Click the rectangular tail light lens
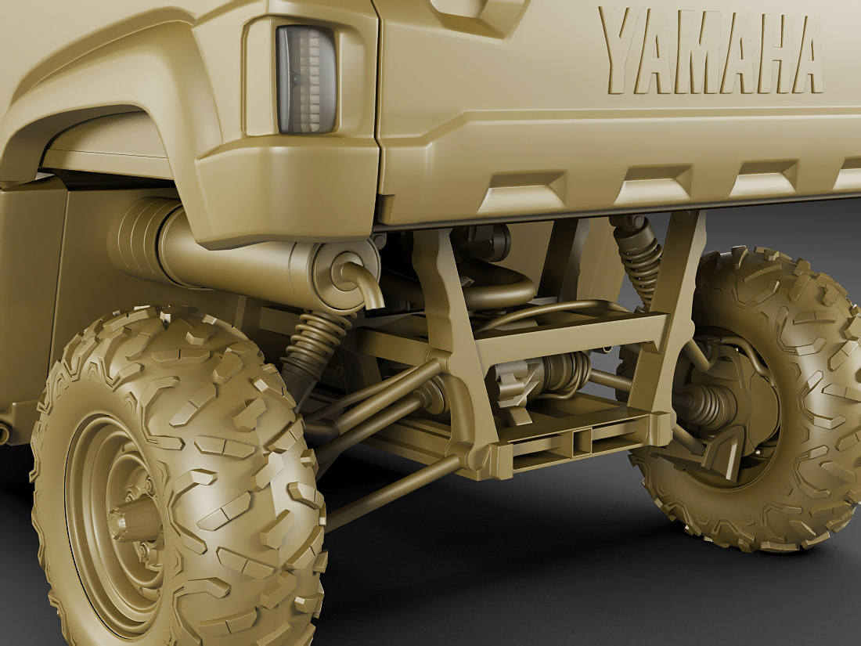point(307,80)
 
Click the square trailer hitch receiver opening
point(582,442)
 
